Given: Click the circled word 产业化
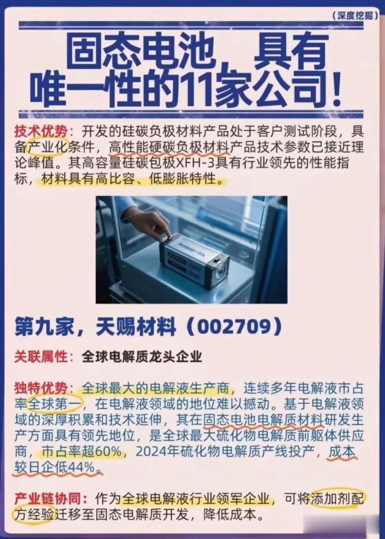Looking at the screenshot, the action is pyautogui.click(x=48, y=148).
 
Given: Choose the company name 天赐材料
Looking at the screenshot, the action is pyautogui.click(x=136, y=327).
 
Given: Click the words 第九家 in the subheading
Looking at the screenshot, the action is pyautogui.click(x=44, y=327).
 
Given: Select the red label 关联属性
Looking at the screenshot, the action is pyautogui.click(x=41, y=357).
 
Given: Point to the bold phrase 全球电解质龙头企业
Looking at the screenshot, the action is pyautogui.click(x=142, y=357).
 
